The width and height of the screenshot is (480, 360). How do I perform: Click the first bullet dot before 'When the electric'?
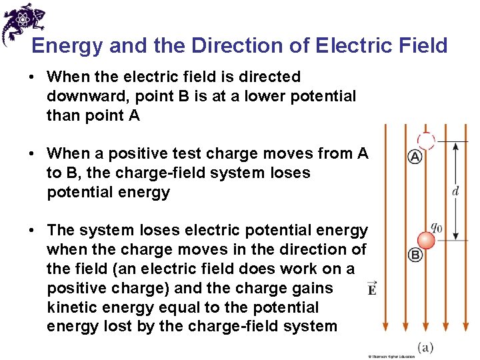point(31,77)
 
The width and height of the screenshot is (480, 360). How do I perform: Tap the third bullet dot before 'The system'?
point(31,231)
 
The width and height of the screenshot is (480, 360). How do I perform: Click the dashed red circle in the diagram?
point(425,140)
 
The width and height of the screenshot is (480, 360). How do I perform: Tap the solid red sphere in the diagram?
point(425,240)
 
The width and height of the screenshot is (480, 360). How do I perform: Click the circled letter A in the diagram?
point(415,157)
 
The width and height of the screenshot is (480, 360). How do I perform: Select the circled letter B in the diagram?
point(415,254)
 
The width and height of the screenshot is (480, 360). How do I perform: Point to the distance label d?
point(455,191)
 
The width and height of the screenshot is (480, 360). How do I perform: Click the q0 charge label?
point(435,227)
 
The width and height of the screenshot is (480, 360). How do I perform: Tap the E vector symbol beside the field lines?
point(371,289)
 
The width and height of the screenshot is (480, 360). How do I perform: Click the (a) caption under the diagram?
point(427,347)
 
